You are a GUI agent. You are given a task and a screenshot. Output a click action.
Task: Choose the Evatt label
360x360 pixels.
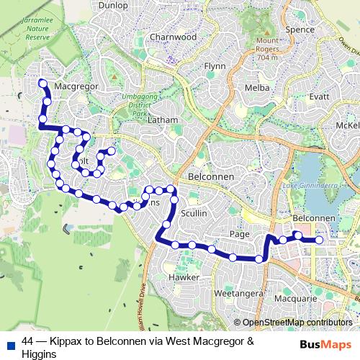point(319,96)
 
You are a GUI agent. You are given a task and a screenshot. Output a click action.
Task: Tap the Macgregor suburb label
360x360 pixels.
point(76,86)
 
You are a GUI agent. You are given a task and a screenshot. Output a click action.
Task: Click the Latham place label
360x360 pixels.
point(161,121)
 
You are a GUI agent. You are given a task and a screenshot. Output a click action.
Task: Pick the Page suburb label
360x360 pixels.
point(238,235)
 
